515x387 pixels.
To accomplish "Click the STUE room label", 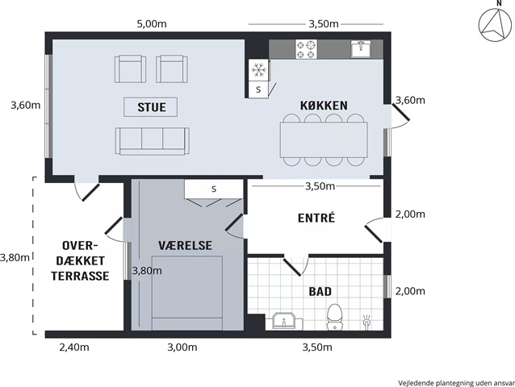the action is click(152, 107).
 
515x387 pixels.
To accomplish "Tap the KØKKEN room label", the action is click(324, 106).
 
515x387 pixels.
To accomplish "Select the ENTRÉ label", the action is click(316, 218).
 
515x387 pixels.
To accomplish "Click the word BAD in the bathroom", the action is click(320, 291).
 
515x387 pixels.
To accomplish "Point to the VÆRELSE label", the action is click(185, 245).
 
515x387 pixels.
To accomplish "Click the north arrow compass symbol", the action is click(495, 25).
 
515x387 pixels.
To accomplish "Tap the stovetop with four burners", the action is click(307, 49).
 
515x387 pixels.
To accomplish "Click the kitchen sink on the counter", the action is click(361, 49).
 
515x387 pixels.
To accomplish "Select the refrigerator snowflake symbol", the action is click(259, 70).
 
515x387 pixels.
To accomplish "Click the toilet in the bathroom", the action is click(335, 317).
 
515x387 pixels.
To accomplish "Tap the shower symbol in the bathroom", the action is click(366, 322).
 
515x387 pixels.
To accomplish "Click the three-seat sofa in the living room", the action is click(153, 141).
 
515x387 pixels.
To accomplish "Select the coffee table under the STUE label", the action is click(151, 107).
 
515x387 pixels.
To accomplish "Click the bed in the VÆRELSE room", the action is click(187, 293).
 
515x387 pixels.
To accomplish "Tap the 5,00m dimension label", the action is click(152, 24).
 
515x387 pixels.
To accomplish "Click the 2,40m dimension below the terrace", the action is click(74, 347).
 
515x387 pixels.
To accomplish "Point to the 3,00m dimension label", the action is click(182, 347).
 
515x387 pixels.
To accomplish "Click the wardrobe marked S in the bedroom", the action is click(213, 189).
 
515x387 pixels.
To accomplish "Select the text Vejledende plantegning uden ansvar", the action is click(457, 383).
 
